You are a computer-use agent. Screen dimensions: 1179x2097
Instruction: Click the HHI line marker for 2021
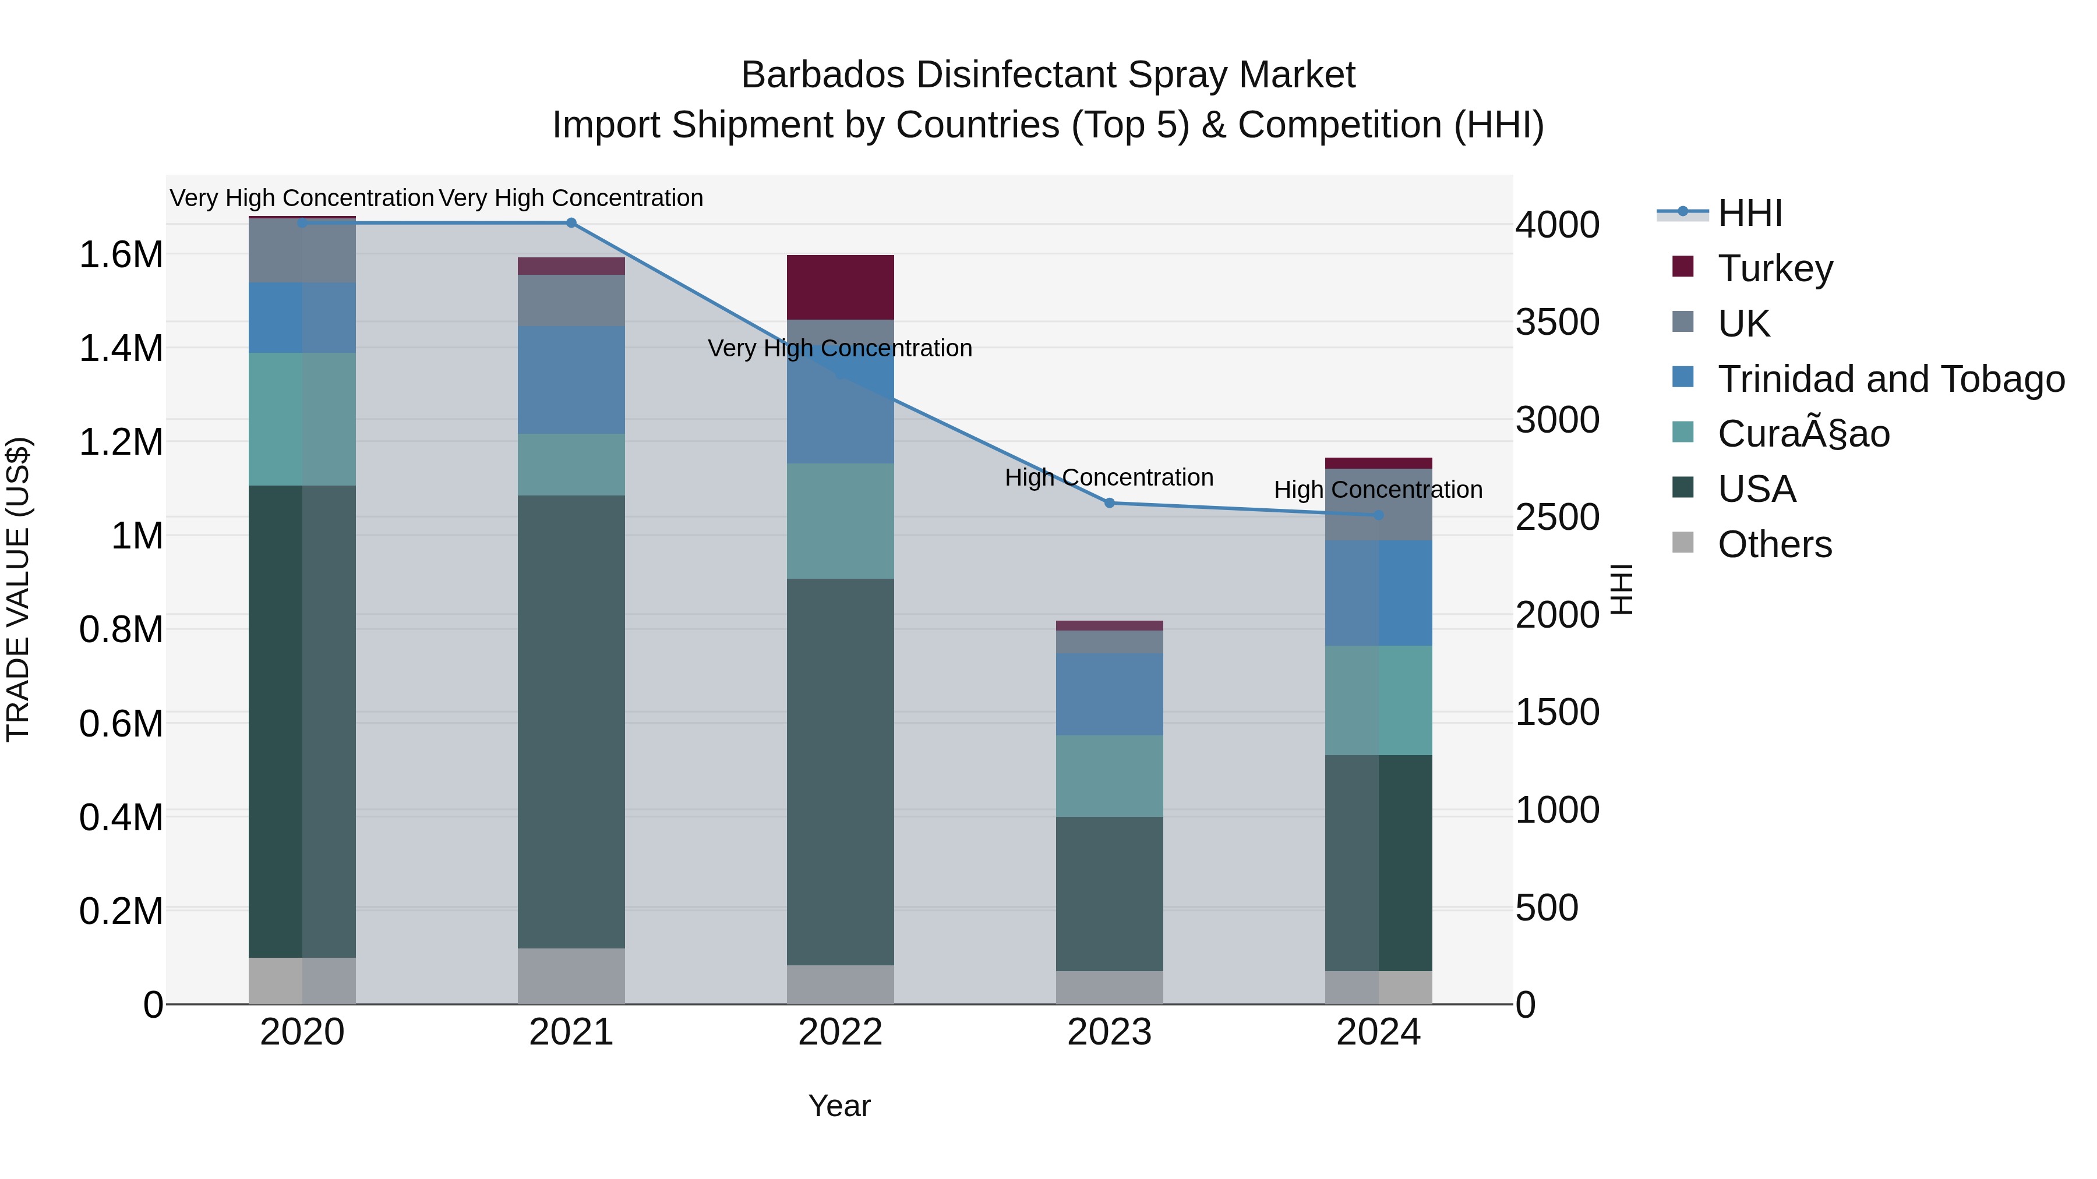(571, 223)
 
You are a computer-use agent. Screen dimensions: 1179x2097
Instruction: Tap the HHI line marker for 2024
(1378, 515)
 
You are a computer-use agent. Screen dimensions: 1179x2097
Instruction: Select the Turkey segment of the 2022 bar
(840, 287)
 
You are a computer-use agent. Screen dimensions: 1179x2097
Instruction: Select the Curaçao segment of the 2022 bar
(840, 521)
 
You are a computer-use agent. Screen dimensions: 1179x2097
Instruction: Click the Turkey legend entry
(1775, 268)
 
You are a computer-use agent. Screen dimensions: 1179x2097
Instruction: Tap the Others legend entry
(1775, 544)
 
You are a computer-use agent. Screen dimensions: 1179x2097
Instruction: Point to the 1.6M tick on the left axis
(121, 254)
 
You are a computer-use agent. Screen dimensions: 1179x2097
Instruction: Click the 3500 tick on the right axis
(1556, 322)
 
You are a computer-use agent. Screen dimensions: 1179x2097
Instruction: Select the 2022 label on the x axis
(840, 1032)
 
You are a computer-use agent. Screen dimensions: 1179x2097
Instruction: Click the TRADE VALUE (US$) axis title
(18, 589)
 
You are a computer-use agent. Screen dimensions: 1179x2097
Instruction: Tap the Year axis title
(839, 1106)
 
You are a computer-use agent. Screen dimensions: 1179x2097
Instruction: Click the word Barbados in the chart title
(822, 75)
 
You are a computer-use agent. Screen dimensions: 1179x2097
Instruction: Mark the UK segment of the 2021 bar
(571, 300)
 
